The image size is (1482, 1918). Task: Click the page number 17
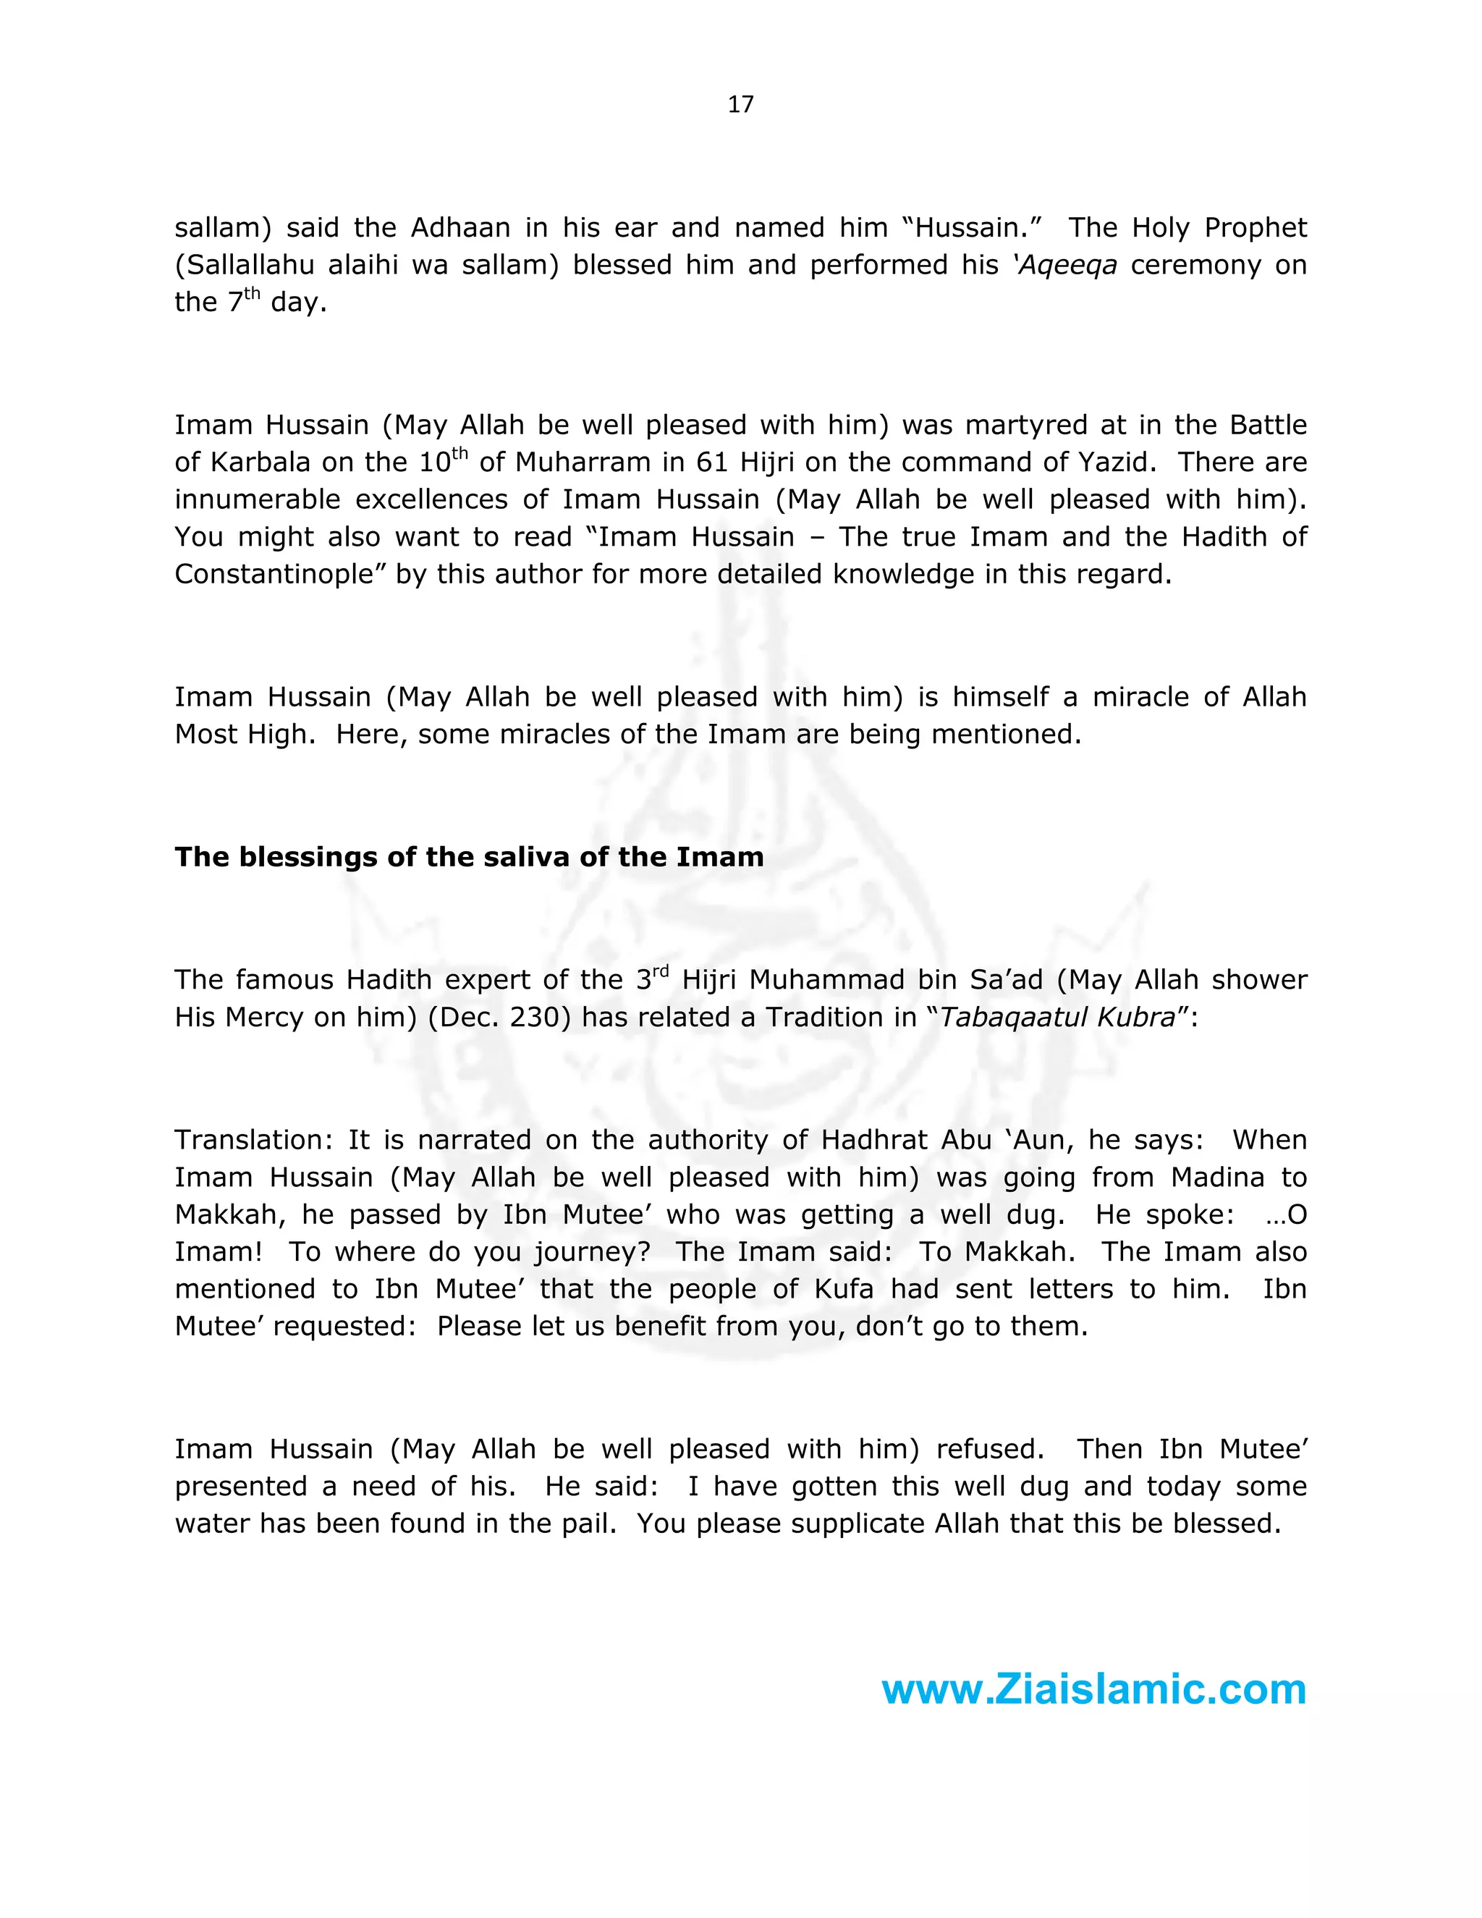[x=740, y=104]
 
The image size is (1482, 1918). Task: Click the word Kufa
[x=844, y=1288]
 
